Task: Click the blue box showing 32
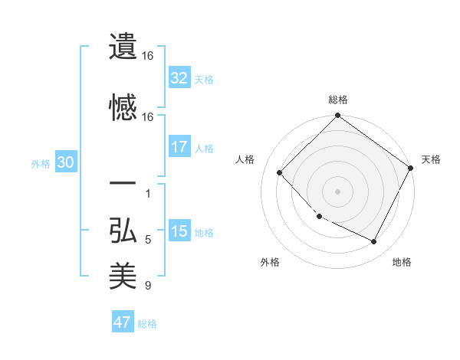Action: [179, 78]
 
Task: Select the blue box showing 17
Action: [179, 147]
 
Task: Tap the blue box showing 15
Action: [179, 231]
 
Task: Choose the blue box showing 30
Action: [65, 162]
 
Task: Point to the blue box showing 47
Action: [123, 322]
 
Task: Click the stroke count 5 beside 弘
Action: [148, 241]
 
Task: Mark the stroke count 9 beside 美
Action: [148, 286]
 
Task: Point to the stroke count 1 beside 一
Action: [148, 193]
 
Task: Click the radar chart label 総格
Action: [338, 100]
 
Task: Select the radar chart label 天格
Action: [431, 159]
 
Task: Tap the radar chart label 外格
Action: [270, 262]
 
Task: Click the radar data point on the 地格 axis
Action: [374, 242]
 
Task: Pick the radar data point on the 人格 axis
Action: [280, 173]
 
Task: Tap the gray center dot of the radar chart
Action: [338, 191]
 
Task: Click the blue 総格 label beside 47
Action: [147, 323]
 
